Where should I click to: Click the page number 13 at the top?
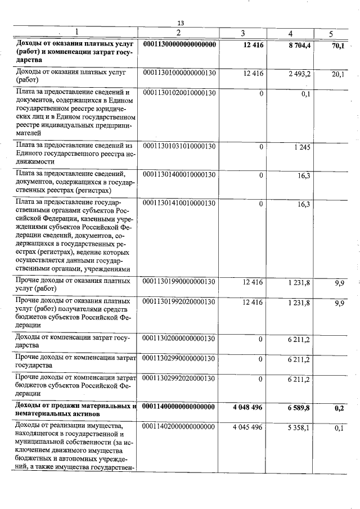(x=181, y=23)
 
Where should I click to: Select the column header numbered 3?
(x=242, y=33)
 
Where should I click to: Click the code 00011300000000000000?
(x=180, y=44)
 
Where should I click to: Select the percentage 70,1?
(x=338, y=46)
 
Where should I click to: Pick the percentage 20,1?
(x=338, y=74)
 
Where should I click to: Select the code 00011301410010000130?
(x=180, y=203)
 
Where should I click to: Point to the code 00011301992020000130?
(x=180, y=302)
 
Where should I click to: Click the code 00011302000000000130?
(x=180, y=339)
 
